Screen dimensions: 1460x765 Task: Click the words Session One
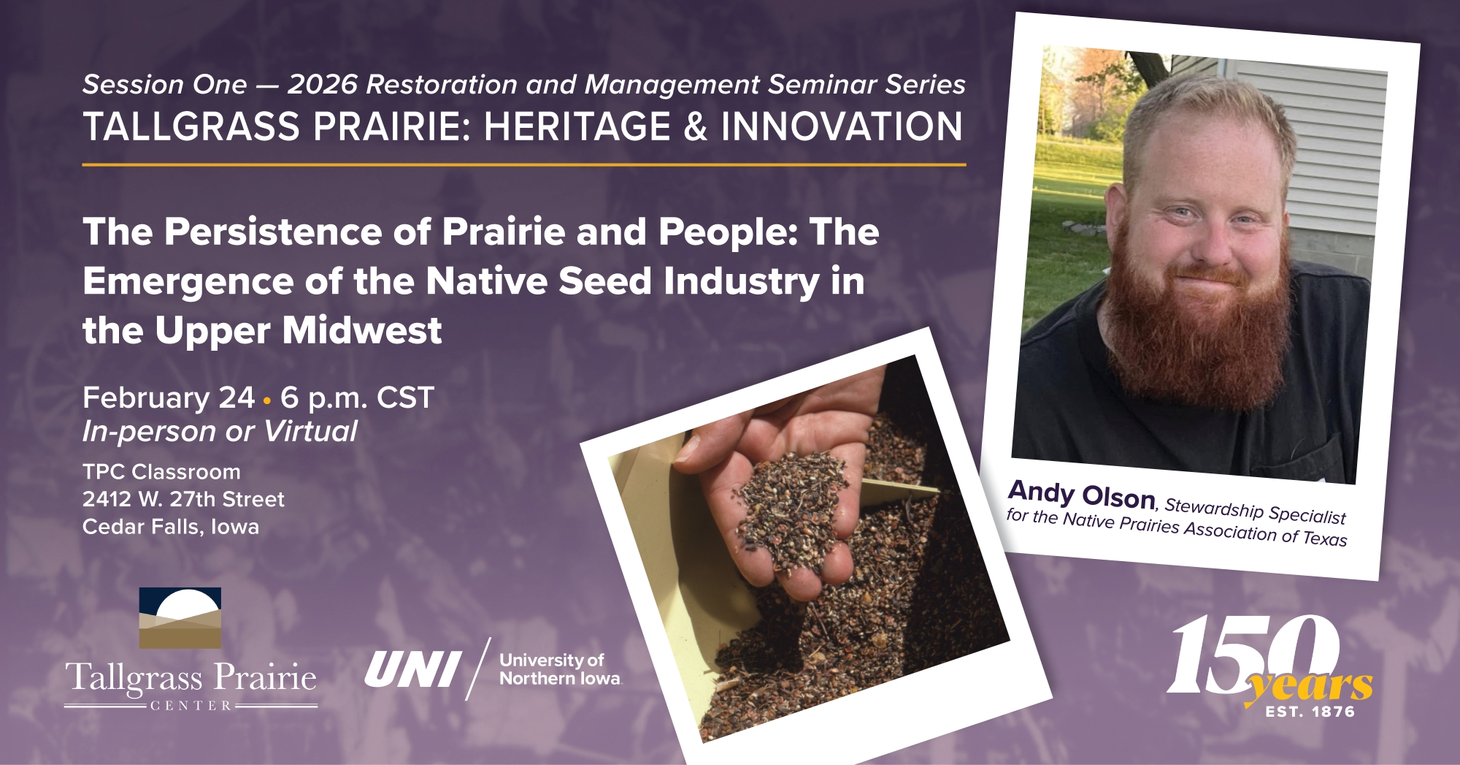pyautogui.click(x=165, y=85)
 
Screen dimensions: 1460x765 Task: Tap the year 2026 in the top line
pyautogui.click(x=322, y=85)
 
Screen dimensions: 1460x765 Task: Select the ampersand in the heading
pyautogui.click(x=696, y=126)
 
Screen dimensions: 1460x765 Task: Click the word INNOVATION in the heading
pyautogui.click(x=842, y=126)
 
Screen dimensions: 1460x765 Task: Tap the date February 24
pyautogui.click(x=169, y=397)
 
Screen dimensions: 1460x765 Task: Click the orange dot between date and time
pyautogui.click(x=267, y=400)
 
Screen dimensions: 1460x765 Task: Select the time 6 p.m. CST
pyautogui.click(x=358, y=397)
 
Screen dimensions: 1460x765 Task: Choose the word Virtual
pyautogui.click(x=311, y=431)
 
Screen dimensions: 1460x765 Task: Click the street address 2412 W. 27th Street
pyautogui.click(x=183, y=499)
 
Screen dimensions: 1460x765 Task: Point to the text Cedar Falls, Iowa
pyautogui.click(x=171, y=527)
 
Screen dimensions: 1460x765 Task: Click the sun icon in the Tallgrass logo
pyautogui.click(x=188, y=606)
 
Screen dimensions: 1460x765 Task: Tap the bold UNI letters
pyautogui.click(x=412, y=669)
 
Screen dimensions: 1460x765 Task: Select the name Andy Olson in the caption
pyautogui.click(x=1082, y=494)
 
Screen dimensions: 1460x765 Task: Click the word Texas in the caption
pyautogui.click(x=1325, y=538)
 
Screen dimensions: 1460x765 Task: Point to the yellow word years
pyautogui.click(x=1310, y=686)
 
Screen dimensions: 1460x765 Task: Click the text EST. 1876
pyautogui.click(x=1310, y=712)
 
